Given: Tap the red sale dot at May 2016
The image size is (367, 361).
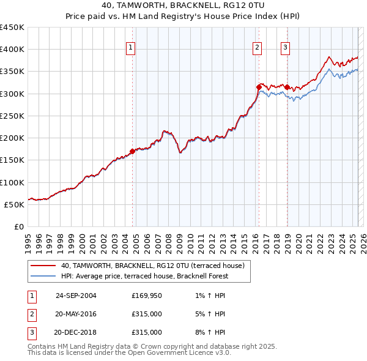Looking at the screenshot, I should (x=259, y=87).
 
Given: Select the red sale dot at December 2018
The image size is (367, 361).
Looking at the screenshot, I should (x=287, y=87).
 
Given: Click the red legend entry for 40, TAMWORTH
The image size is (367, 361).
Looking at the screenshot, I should (x=152, y=266).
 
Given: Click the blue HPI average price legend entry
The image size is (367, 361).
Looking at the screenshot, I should (x=144, y=276).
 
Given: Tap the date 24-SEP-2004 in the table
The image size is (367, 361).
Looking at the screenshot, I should (x=76, y=296).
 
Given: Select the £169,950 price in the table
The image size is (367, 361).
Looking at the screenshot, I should (x=147, y=296).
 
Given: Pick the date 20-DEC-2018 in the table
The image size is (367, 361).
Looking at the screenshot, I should (x=75, y=332).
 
